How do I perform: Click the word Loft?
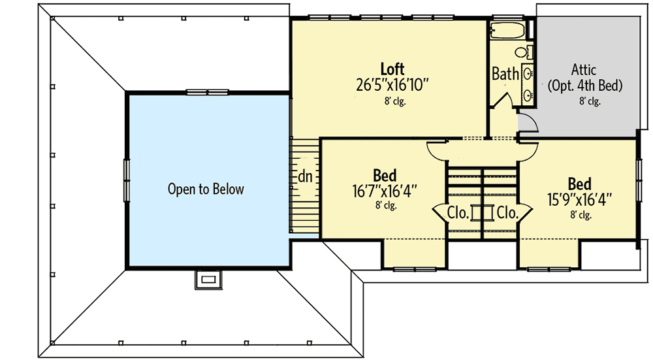[392, 69]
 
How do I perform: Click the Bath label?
[505, 74]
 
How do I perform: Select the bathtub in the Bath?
[509, 30]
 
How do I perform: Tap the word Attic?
[584, 69]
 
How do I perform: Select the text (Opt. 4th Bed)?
[585, 85]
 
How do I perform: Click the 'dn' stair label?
[304, 176]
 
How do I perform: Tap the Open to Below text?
[206, 189]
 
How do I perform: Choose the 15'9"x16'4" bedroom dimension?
[579, 199]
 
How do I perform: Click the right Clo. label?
[507, 212]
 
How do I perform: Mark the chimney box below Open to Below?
[208, 279]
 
